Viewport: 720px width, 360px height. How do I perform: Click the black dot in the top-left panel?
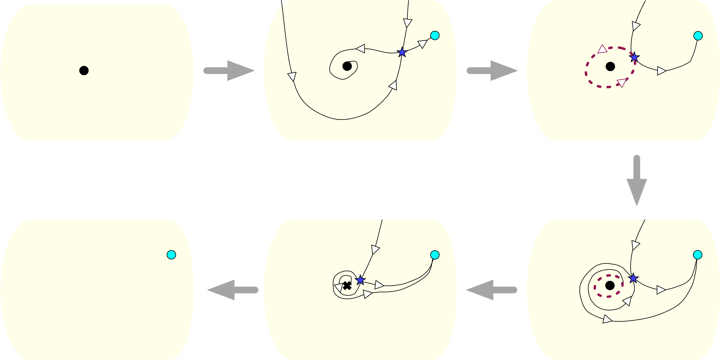pyautogui.click(x=84, y=70)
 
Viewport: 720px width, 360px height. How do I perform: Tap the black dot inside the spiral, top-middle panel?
pyautogui.click(x=347, y=66)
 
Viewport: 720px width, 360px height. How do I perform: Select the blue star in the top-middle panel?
pyautogui.click(x=402, y=52)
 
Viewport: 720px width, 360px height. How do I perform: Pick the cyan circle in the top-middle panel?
pyautogui.click(x=435, y=35)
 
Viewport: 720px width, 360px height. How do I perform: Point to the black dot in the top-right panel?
pyautogui.click(x=610, y=67)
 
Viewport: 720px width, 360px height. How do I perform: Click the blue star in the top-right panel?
pyautogui.click(x=634, y=57)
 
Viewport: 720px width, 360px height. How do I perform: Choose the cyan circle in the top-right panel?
pyautogui.click(x=698, y=36)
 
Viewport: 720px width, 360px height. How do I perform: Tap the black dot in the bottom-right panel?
pyautogui.click(x=610, y=285)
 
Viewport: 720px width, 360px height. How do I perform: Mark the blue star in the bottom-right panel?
pyautogui.click(x=633, y=278)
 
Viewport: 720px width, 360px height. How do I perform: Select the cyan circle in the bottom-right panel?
pyautogui.click(x=697, y=255)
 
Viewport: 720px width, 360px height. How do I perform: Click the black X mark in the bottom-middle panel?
pyautogui.click(x=347, y=286)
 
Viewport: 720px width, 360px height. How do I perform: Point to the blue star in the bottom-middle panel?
pyautogui.click(x=360, y=280)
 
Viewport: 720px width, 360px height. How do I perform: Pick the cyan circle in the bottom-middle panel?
pyautogui.click(x=435, y=255)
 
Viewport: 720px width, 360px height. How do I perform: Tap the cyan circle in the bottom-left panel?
pyautogui.click(x=171, y=255)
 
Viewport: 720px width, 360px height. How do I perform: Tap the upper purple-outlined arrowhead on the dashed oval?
pyautogui.click(x=602, y=49)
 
